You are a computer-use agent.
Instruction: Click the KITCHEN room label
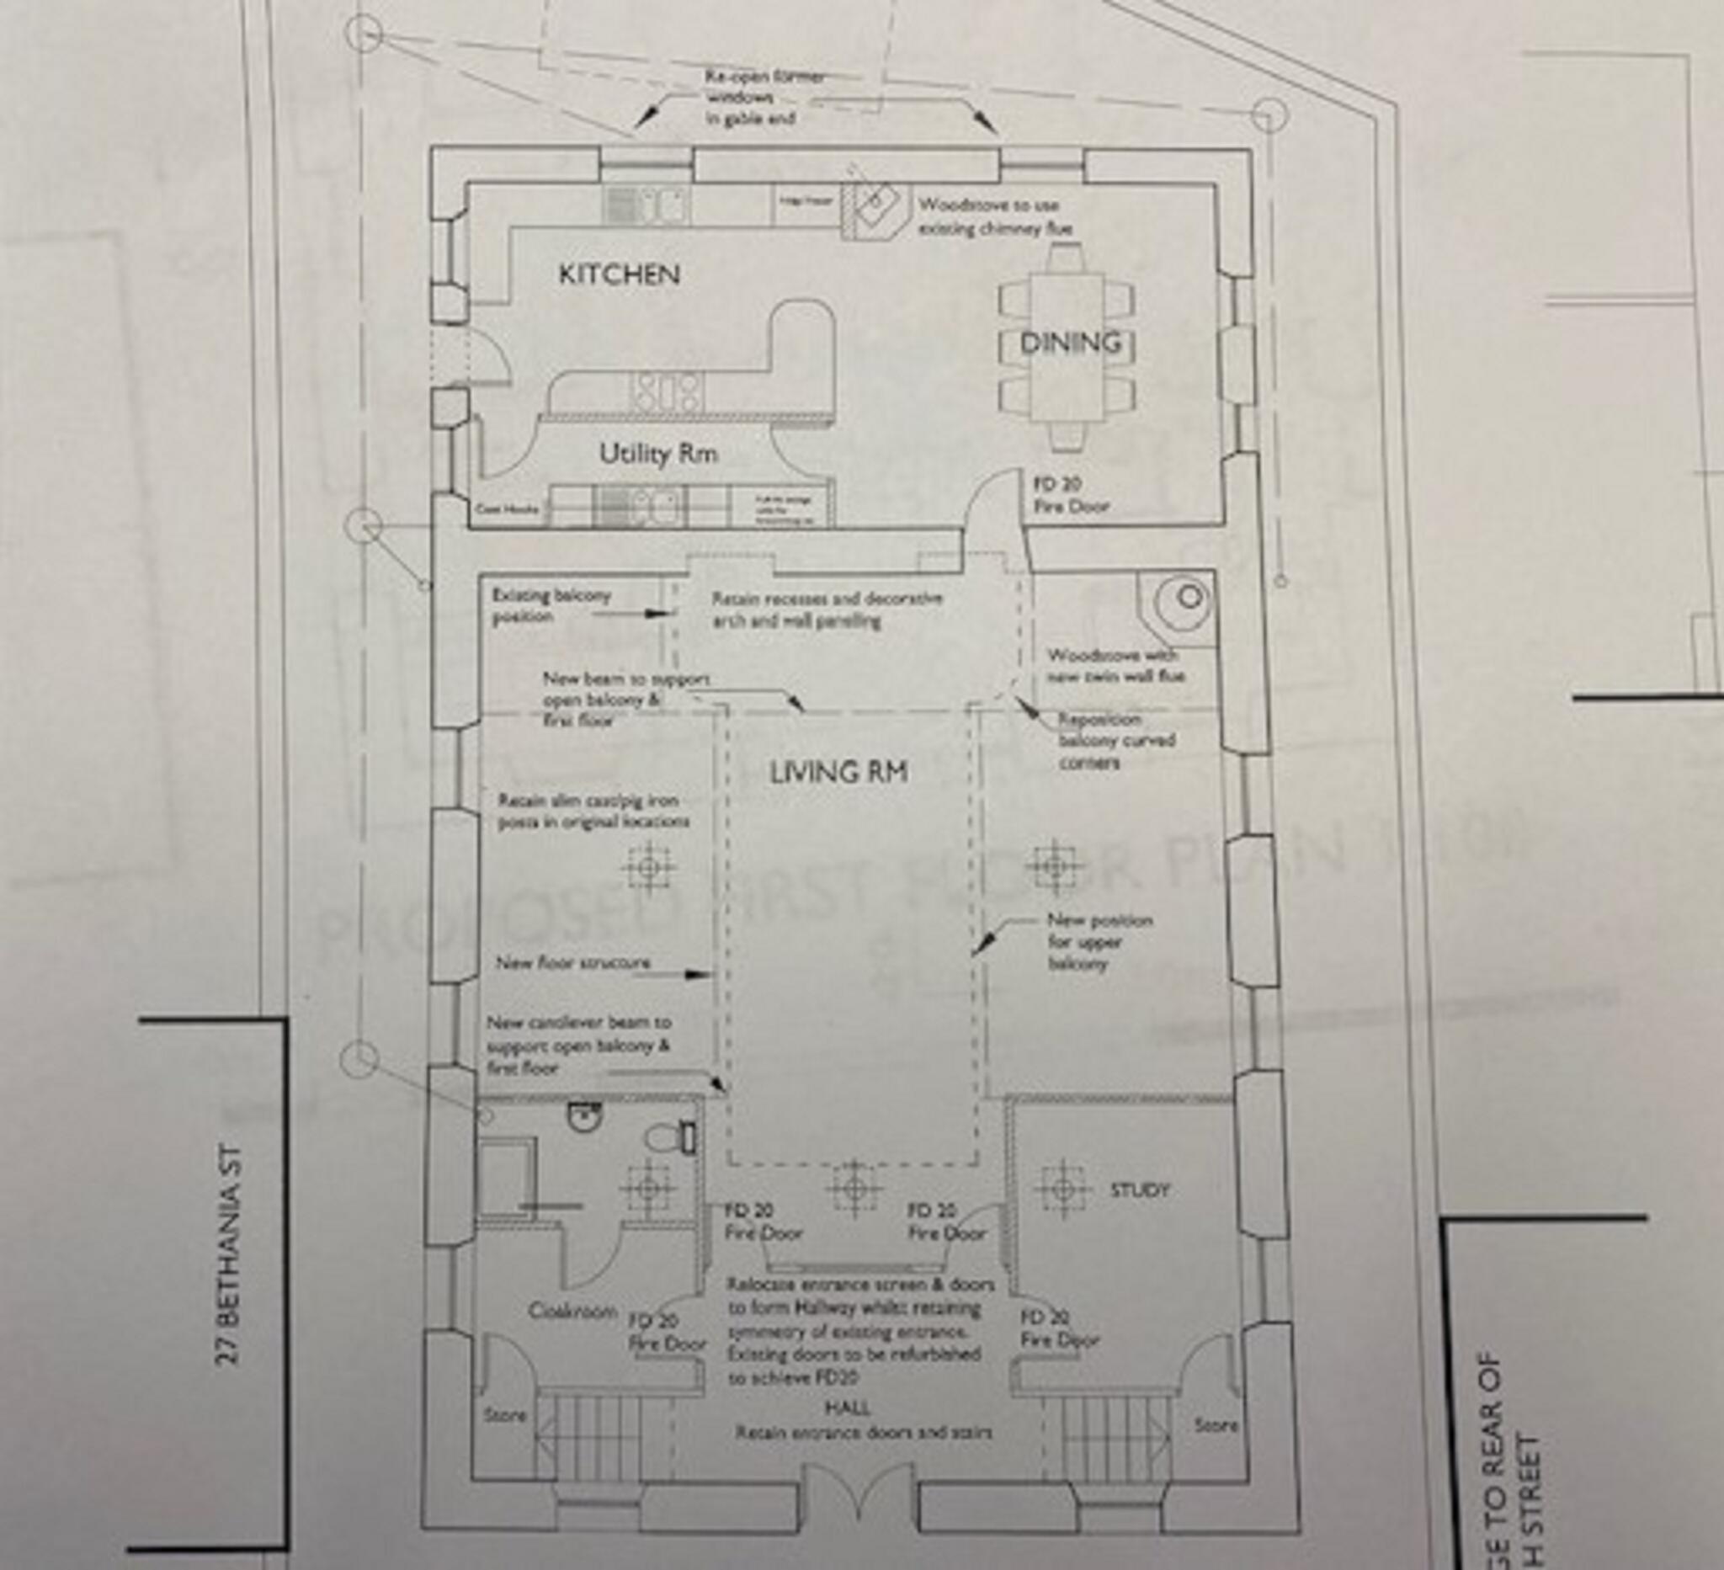(619, 274)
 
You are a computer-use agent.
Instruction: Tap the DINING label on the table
(1070, 343)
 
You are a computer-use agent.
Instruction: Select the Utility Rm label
(657, 453)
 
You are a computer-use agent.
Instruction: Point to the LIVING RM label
(838, 773)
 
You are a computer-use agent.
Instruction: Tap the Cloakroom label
(572, 1311)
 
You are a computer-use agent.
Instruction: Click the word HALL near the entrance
(848, 1408)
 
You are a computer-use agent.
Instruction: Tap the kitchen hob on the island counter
(667, 391)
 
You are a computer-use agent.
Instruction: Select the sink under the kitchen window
(646, 205)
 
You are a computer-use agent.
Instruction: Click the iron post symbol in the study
(1062, 1189)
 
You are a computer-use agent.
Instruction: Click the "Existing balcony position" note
(551, 605)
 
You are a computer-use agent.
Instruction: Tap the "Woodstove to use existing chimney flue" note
(993, 217)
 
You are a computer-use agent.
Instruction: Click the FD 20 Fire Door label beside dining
(1070, 495)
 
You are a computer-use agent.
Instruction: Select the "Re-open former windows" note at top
(764, 98)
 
